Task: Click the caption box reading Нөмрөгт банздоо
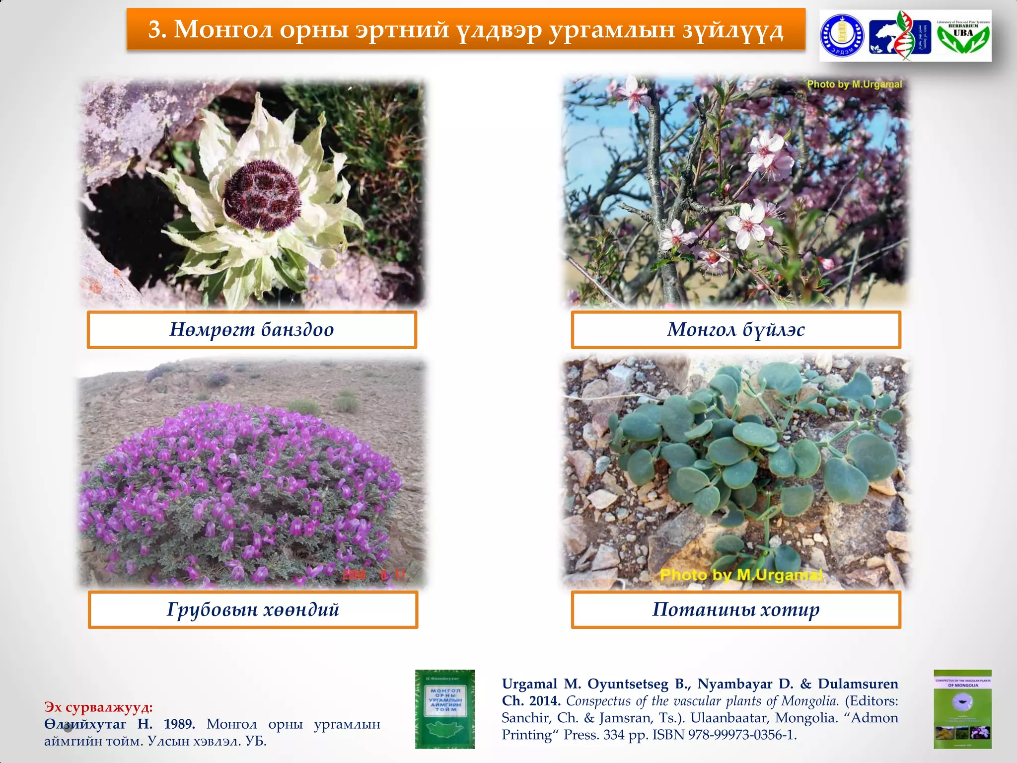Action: click(x=252, y=330)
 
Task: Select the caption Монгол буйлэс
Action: click(x=735, y=330)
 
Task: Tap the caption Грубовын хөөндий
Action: click(x=253, y=610)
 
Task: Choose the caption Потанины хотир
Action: click(x=735, y=610)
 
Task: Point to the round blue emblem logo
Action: click(x=842, y=36)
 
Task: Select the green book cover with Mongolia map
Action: click(x=445, y=709)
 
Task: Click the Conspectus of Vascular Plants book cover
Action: click(x=962, y=709)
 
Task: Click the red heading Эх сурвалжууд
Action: click(x=98, y=707)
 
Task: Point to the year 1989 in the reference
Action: click(x=179, y=724)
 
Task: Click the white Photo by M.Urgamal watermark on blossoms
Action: click(x=854, y=84)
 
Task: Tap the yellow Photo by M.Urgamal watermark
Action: click(x=741, y=575)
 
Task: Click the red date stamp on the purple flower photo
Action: click(x=374, y=575)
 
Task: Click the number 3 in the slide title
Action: click(x=155, y=30)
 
